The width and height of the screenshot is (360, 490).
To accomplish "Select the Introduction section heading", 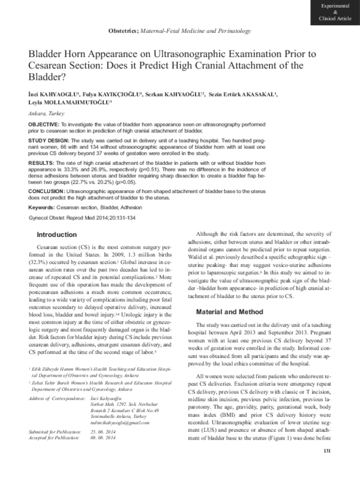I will tap(57, 235).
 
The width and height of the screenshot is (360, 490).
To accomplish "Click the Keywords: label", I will tap(44, 207).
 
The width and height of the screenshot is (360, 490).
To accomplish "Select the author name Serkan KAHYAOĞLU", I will tap(176, 95).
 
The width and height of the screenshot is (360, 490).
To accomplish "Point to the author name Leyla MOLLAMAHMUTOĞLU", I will tap(69, 103).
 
